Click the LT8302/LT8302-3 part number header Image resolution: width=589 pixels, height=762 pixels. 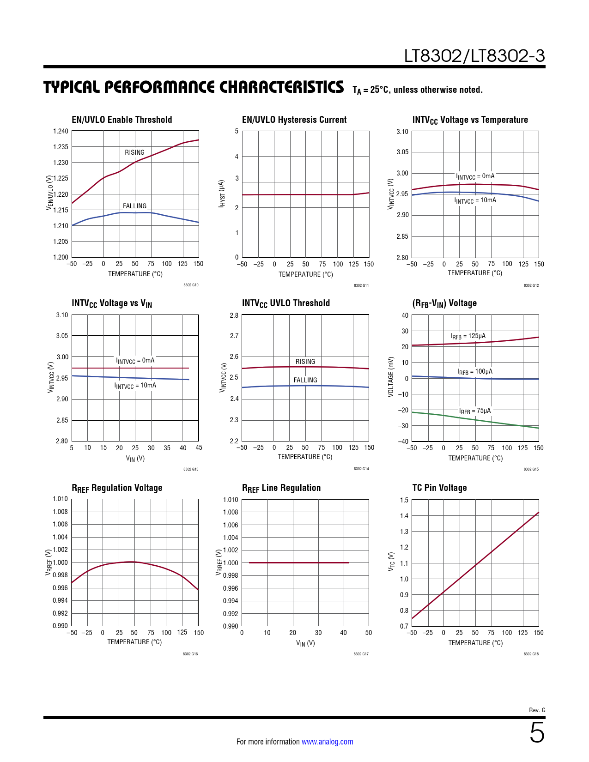[474, 56]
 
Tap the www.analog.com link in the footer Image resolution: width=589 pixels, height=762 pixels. [327, 742]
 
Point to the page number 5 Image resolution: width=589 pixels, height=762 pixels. [537, 733]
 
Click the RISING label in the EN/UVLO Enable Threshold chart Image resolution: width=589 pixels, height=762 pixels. [134, 152]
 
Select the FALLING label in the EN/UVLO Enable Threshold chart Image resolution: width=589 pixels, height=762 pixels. [134, 206]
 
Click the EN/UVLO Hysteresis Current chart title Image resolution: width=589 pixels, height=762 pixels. [294, 120]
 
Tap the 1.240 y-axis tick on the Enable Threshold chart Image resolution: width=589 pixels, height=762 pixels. [61, 131]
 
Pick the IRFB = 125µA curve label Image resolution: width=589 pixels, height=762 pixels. [468, 336]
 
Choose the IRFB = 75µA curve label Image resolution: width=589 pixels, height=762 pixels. [475, 411]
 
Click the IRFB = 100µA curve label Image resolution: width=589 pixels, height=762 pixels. [475, 372]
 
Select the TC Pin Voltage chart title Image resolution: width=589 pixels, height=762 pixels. [439, 488]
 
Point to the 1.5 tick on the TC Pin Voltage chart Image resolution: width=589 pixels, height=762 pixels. [404, 500]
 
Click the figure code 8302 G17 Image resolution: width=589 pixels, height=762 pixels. [361, 654]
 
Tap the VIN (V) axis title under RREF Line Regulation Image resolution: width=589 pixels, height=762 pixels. [305, 643]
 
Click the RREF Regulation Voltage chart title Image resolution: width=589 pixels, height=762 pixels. [117, 488]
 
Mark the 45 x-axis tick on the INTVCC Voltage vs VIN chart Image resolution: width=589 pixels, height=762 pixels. [199, 448]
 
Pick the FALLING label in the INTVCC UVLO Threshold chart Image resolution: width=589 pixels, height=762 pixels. [305, 380]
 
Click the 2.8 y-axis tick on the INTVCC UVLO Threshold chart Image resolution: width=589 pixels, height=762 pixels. [234, 315]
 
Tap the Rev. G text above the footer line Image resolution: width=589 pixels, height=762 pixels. [537, 710]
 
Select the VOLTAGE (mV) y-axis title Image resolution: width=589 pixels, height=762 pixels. [391, 376]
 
